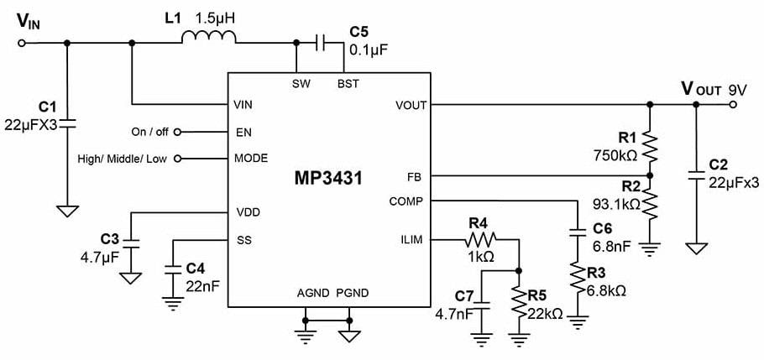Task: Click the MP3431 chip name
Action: tap(329, 180)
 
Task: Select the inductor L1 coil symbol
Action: tap(211, 36)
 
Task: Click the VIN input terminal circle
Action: tap(22, 42)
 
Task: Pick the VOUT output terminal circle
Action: tap(734, 105)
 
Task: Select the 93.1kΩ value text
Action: tap(617, 204)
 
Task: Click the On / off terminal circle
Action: tap(177, 132)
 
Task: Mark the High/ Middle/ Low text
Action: tap(123, 159)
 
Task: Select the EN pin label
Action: tap(242, 132)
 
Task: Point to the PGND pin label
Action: tap(353, 293)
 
